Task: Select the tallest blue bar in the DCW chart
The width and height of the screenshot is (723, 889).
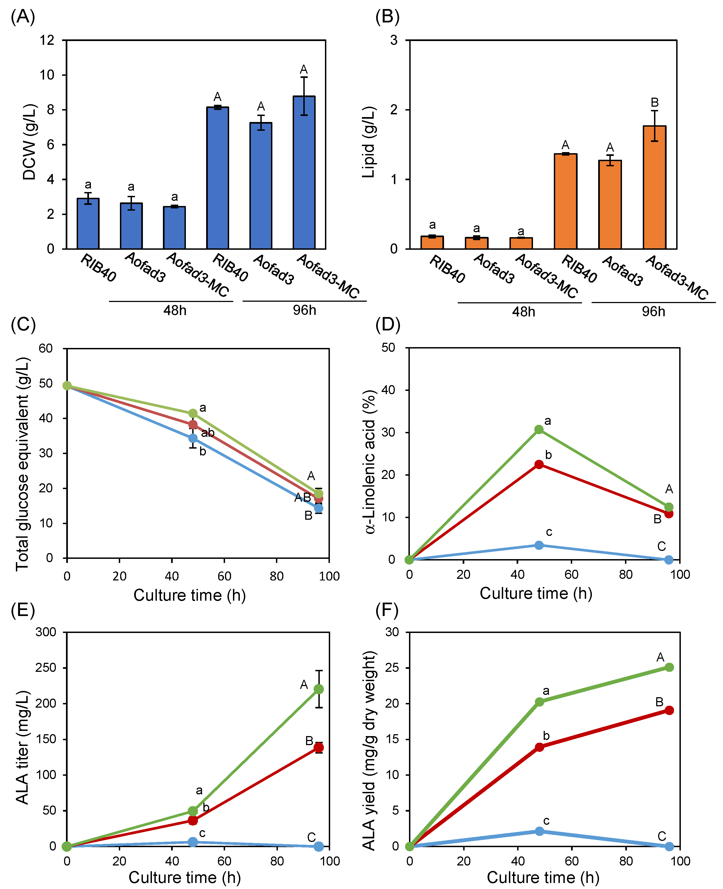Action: click(x=304, y=172)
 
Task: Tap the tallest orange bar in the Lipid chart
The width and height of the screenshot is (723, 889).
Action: click(x=654, y=187)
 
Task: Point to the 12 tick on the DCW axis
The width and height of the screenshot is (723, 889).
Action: click(x=47, y=40)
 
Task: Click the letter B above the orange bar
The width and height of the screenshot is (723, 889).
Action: click(x=655, y=102)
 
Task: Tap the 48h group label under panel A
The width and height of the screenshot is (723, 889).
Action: click(x=175, y=310)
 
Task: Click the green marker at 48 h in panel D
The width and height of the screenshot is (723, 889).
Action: click(x=539, y=429)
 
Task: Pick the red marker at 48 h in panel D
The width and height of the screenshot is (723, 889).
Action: click(x=539, y=464)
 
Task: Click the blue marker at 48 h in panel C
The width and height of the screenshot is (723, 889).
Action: click(x=193, y=438)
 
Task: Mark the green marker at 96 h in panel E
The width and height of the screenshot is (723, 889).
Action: click(x=319, y=689)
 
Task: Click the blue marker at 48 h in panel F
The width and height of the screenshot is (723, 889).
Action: click(x=539, y=831)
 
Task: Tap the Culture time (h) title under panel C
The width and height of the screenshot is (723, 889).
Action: click(x=189, y=595)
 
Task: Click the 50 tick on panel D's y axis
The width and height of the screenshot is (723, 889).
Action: click(x=388, y=347)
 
